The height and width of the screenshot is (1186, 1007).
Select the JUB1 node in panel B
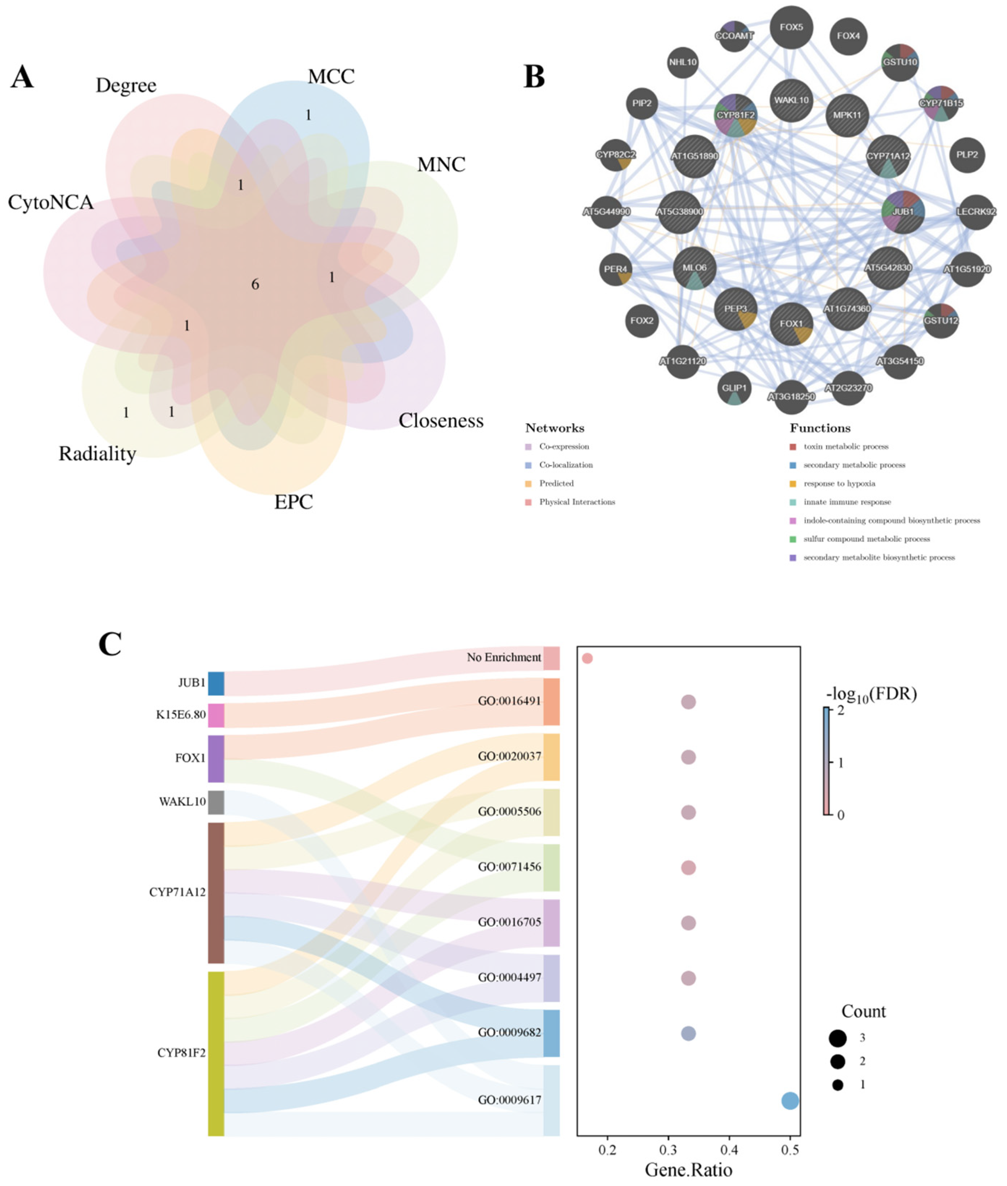[x=903, y=212]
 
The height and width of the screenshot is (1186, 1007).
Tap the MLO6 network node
[x=694, y=268]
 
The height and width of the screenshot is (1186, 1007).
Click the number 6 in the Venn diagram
[x=255, y=284]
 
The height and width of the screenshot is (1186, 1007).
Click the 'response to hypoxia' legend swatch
[x=792, y=484]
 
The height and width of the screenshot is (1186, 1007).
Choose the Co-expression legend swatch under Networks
[x=528, y=447]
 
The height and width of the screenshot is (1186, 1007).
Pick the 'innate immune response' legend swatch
[x=792, y=502]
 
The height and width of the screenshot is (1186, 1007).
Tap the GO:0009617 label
[x=509, y=1100]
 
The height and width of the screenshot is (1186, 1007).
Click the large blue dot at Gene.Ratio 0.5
[x=789, y=1100]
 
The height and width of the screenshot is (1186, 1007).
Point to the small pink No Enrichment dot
[x=587, y=658]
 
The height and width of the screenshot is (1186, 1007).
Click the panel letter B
[x=534, y=77]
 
